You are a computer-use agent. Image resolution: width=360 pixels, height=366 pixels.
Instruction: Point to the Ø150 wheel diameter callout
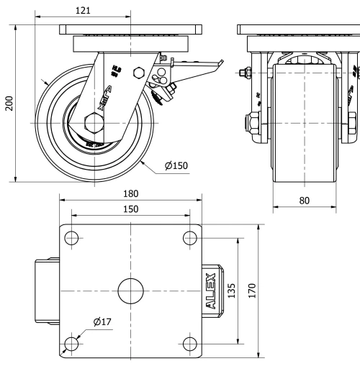(176, 166)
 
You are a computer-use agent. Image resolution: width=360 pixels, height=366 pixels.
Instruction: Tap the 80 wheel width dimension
(305, 201)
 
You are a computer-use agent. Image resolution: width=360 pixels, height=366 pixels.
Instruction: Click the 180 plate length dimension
(130, 193)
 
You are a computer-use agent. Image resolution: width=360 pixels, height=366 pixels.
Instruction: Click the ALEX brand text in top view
(210, 290)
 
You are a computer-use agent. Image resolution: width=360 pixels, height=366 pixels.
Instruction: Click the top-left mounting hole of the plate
(73, 237)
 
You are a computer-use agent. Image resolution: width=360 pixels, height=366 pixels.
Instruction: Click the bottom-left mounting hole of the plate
(73, 342)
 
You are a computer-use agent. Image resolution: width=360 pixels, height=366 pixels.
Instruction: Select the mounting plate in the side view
(130, 30)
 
